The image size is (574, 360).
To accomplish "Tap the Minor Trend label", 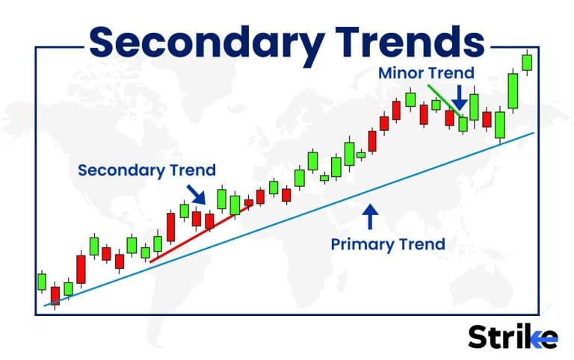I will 426,73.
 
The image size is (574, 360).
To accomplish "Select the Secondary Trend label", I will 146,170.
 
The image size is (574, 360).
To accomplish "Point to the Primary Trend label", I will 388,243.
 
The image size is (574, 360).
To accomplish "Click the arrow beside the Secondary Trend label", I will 197,194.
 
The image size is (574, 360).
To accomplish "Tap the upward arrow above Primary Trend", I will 370,217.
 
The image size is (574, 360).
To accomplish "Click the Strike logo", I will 512,337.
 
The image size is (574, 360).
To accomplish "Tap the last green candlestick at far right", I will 527,62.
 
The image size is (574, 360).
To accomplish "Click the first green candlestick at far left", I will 42,282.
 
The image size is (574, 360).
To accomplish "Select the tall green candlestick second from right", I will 513,90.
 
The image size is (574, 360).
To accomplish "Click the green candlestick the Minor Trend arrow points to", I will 463,123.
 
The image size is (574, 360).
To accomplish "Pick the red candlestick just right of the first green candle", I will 54,295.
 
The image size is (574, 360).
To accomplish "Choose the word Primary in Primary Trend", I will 362,243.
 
